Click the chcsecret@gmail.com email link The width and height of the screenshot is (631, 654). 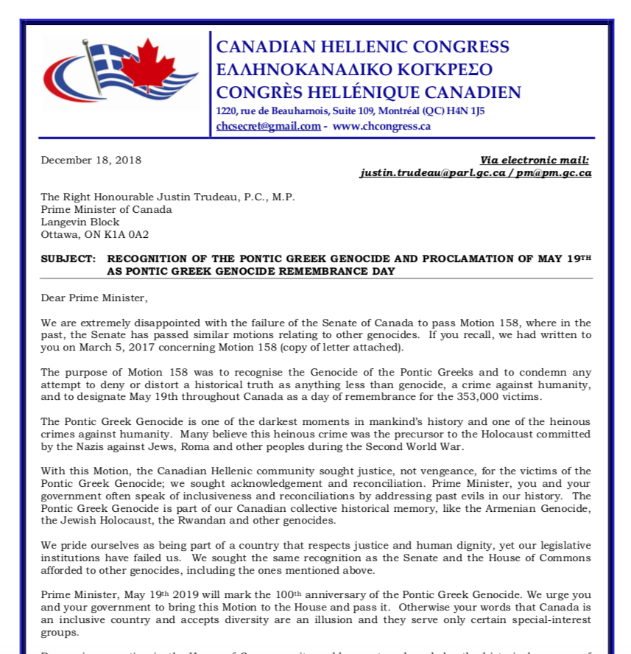coord(268,126)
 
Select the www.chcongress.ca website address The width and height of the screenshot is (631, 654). coord(381,126)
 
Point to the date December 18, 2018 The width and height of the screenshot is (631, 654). coord(91,160)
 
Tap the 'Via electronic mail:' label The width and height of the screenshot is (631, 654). coord(535,160)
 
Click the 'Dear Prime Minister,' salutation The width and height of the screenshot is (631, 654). coord(94,298)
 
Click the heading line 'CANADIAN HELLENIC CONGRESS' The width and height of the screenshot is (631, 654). coord(362,47)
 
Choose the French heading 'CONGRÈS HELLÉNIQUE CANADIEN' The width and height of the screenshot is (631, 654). coord(368,93)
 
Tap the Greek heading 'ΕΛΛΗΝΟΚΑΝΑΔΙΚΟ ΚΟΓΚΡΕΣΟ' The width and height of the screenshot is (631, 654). coord(354,70)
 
